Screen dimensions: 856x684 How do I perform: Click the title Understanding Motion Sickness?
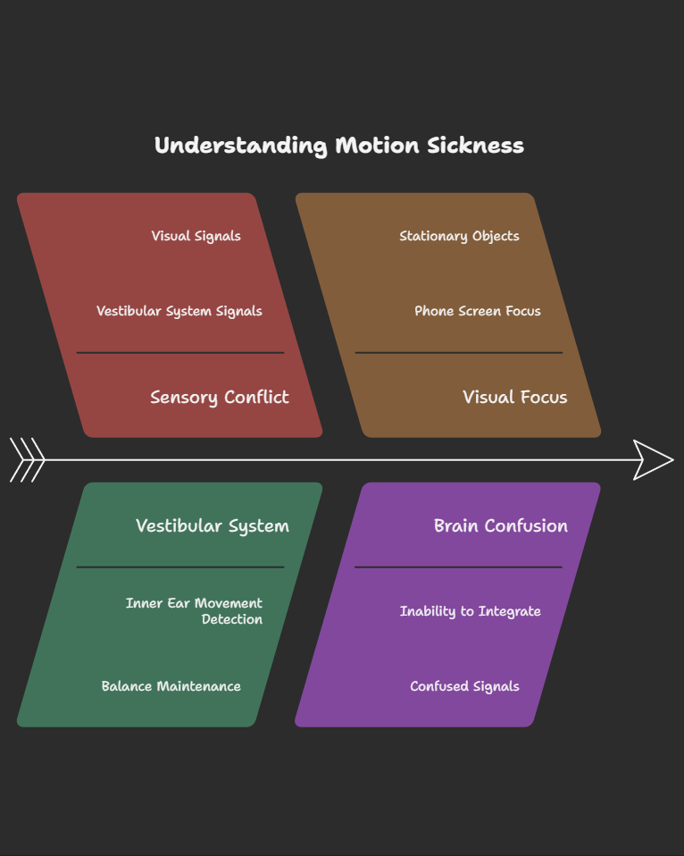click(x=338, y=146)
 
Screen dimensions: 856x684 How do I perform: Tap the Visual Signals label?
click(x=196, y=236)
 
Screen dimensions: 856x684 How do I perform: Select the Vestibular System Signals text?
click(x=179, y=311)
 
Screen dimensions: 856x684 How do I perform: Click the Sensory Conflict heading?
click(x=219, y=398)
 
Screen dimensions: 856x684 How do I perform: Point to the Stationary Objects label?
click(x=459, y=236)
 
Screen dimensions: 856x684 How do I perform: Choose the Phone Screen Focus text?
click(x=477, y=311)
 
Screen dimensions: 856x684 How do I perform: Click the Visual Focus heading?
click(x=514, y=398)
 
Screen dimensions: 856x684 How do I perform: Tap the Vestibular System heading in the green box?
click(x=212, y=525)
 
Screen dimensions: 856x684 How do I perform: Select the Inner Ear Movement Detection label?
click(x=194, y=611)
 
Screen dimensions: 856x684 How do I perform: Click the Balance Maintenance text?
click(x=171, y=686)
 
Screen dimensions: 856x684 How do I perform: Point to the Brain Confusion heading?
click(x=500, y=525)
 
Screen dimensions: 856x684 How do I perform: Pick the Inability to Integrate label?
click(x=470, y=611)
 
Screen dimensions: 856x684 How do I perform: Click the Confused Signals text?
click(x=464, y=686)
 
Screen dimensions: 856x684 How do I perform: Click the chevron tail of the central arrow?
click(x=27, y=460)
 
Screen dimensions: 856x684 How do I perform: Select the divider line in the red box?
click(x=179, y=353)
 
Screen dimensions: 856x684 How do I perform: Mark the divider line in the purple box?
click(x=458, y=566)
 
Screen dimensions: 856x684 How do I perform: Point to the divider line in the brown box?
click(x=458, y=353)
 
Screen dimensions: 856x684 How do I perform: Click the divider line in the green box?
click(x=179, y=566)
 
